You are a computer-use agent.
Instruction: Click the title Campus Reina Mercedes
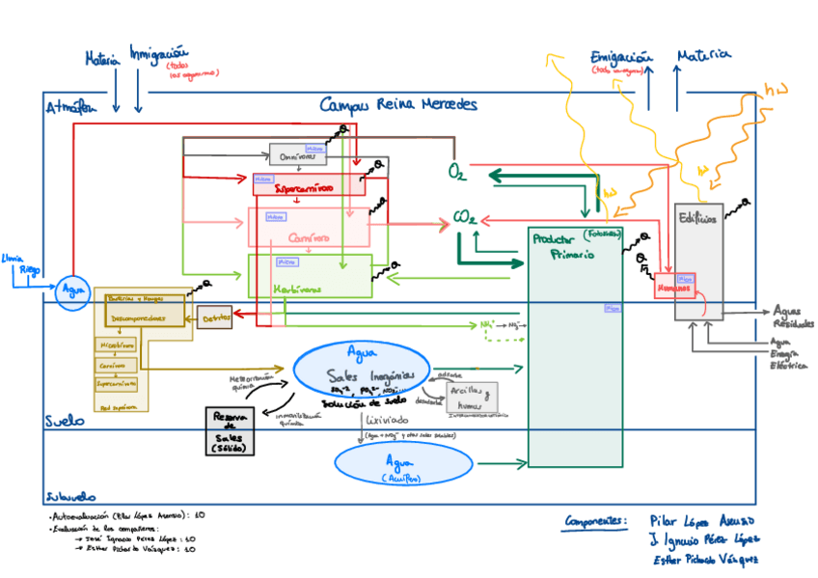[x=397, y=104]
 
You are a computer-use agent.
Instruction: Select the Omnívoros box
[x=297, y=155]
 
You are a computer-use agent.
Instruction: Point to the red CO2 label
[x=465, y=220]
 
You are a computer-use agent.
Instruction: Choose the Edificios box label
[x=696, y=218]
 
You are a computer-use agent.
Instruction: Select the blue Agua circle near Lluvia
[x=71, y=290]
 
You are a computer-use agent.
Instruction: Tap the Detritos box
[x=214, y=317]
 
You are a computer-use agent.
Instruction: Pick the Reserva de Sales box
[x=231, y=430]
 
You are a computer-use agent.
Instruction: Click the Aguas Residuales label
[x=793, y=317]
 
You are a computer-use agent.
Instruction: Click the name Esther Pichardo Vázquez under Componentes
[x=704, y=559]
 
